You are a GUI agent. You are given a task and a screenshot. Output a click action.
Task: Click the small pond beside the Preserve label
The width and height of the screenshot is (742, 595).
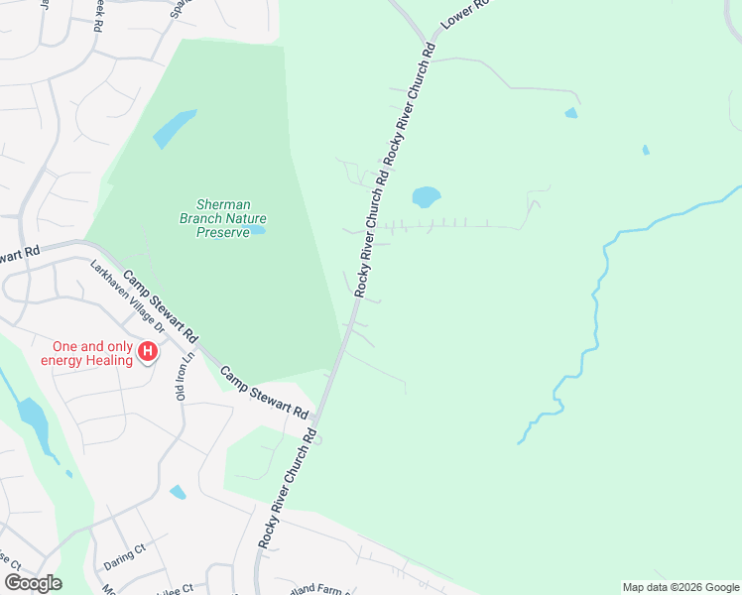[258, 230]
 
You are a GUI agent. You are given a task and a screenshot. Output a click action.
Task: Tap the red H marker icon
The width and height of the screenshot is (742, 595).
[148, 352]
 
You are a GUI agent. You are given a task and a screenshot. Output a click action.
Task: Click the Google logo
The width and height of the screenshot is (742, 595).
[33, 583]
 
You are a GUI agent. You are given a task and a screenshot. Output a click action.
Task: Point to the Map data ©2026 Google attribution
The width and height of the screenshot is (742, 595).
[680, 587]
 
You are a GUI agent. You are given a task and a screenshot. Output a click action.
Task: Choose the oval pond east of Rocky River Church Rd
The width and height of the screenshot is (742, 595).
[426, 196]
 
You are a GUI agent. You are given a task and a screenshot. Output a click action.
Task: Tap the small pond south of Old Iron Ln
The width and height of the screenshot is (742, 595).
[178, 492]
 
